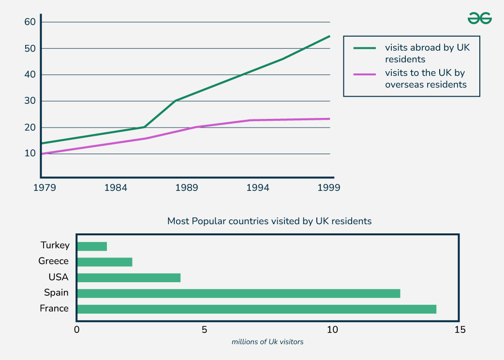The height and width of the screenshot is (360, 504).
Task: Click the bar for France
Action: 257,309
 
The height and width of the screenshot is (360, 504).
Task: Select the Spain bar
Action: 239,293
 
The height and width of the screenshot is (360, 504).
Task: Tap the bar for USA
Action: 129,278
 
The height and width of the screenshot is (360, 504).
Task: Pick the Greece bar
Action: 105,262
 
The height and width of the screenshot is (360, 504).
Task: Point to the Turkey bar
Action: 92,246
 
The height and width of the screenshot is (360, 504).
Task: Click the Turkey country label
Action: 55,245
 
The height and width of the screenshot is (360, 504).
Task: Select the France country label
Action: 54,308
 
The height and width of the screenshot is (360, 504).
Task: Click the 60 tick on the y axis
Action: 30,22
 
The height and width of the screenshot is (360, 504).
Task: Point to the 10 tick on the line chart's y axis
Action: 30,154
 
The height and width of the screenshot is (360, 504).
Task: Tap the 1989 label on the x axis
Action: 186,187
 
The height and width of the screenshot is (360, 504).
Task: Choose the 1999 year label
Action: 328,187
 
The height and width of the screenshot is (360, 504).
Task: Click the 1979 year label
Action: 44,187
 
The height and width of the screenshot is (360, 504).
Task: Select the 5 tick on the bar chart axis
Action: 205,330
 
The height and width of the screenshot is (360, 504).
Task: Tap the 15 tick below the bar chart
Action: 460,330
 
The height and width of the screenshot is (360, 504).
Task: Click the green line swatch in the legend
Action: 365,48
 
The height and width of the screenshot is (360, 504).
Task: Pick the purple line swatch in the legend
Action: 365,74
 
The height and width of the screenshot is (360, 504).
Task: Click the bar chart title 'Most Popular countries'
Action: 269,221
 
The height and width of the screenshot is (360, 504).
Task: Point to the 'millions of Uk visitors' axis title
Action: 267,342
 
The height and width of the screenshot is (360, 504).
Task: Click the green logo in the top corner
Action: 479,18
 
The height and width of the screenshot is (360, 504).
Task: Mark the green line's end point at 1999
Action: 330,36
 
